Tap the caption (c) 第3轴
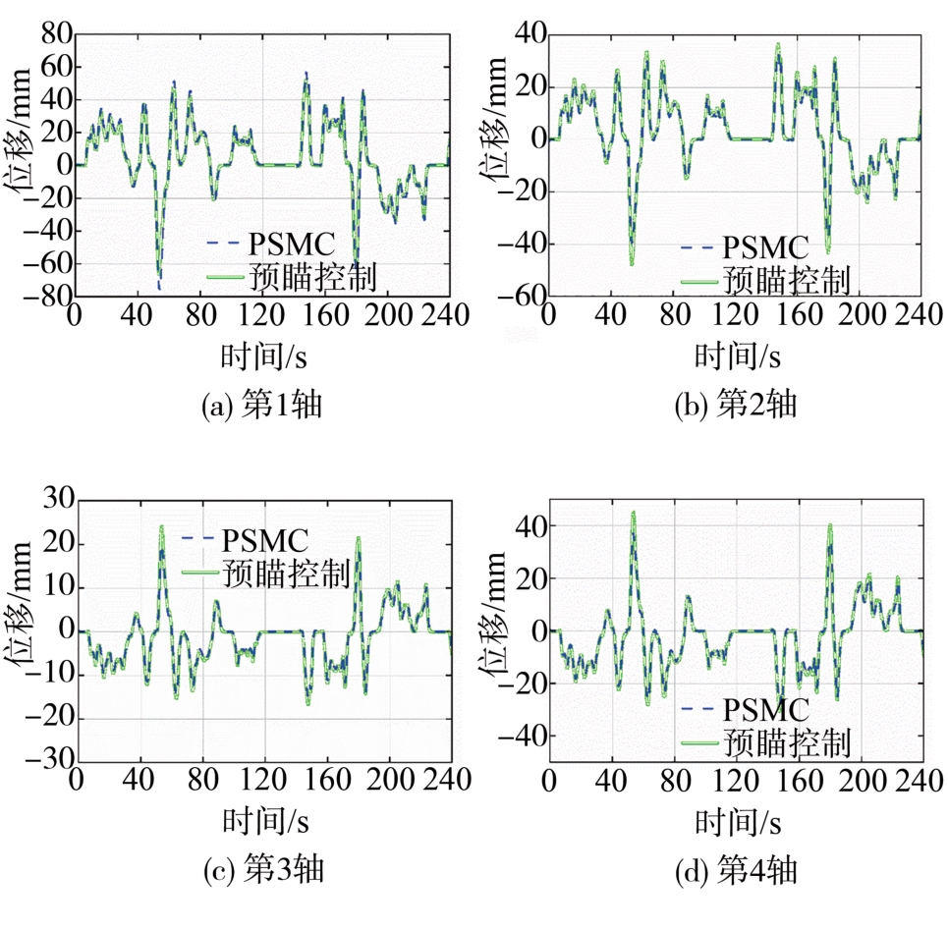click(261, 869)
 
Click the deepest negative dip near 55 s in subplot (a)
click(158, 287)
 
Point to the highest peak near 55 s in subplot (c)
click(161, 526)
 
